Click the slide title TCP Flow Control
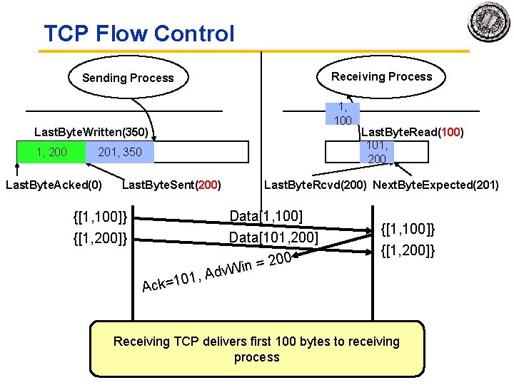point(138,34)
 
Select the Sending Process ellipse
point(128,78)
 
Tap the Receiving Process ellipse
point(381,76)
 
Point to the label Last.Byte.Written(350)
point(91,133)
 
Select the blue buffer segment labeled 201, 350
point(119,152)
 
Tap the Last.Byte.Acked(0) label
point(54,185)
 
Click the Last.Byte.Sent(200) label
point(171,185)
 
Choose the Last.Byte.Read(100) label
point(413,132)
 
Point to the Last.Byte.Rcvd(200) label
point(316,185)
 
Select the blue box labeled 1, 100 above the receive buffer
point(343,113)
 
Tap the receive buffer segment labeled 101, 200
point(376,152)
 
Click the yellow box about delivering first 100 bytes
point(257,349)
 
